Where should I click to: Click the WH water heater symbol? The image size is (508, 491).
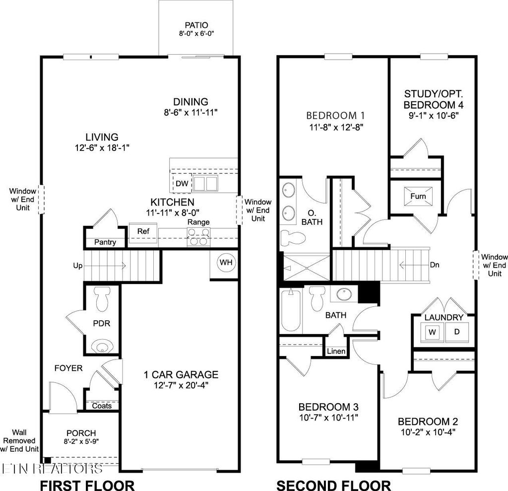tap(226, 263)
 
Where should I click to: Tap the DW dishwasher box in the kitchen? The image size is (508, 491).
tap(182, 184)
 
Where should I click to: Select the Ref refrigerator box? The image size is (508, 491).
tap(143, 231)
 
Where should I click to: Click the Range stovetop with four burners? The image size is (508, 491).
tap(198, 237)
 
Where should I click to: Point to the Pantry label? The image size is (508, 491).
tap(105, 242)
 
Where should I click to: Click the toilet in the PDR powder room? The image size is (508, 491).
tap(104, 299)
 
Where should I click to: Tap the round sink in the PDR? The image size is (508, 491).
tap(104, 345)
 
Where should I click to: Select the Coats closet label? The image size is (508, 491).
tap(102, 406)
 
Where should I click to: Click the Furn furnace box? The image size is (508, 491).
tap(418, 196)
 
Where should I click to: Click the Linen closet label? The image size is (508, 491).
tap(336, 351)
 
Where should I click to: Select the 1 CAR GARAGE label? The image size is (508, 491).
tap(181, 374)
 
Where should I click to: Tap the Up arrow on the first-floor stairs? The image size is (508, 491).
tap(78, 266)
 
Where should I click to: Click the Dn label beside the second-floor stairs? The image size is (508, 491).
tap(435, 265)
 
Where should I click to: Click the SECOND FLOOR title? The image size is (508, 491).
tap(333, 485)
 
